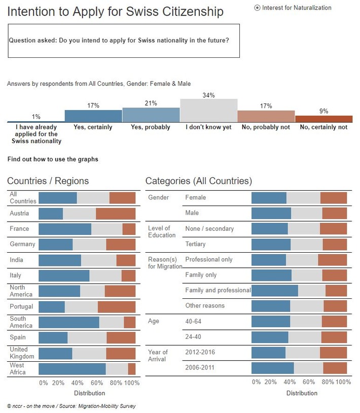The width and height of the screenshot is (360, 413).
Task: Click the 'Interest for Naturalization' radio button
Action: pos(257,8)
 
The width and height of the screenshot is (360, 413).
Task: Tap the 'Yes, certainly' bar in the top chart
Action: pos(93,116)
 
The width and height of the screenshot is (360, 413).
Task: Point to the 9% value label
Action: pos(323,111)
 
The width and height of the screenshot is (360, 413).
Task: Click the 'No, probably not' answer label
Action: pos(266,127)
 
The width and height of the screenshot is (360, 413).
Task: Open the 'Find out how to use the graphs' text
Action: pos(53,159)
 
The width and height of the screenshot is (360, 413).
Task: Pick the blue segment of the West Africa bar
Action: pos(72,369)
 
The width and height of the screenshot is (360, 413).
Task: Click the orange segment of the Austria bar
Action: pos(116,214)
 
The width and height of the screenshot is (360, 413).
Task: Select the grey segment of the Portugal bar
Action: pos(81,306)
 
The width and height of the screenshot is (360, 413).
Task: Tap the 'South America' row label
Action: pos(21,322)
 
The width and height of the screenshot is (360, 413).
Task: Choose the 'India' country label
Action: pos(16,260)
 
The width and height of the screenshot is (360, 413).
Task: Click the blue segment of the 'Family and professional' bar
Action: pos(274,290)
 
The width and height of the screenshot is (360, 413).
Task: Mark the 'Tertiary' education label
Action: pos(196,244)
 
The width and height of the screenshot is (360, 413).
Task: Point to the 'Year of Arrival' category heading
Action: pos(158,356)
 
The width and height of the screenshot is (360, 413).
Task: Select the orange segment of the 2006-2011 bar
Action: pos(335,368)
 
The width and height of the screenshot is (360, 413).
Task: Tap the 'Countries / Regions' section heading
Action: pos(48,181)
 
